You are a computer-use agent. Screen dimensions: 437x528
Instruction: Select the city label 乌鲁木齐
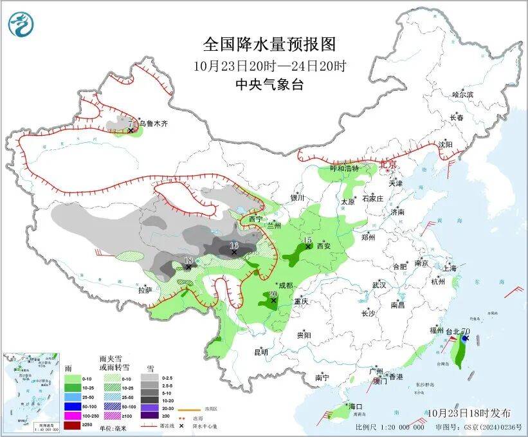tap(153, 124)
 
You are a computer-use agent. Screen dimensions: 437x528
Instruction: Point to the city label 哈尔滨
tap(462, 95)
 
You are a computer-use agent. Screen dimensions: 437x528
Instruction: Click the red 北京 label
tap(388, 164)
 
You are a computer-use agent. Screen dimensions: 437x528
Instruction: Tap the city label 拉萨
tap(145, 290)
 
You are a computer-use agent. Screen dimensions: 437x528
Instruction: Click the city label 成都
tap(285, 285)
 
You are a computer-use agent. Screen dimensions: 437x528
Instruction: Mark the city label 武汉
tap(378, 284)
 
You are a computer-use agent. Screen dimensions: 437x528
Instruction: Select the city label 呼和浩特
tap(345, 168)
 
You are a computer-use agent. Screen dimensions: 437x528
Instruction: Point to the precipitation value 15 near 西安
tap(307, 240)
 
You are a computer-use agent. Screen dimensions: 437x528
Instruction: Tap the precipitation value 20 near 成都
tap(273, 293)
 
